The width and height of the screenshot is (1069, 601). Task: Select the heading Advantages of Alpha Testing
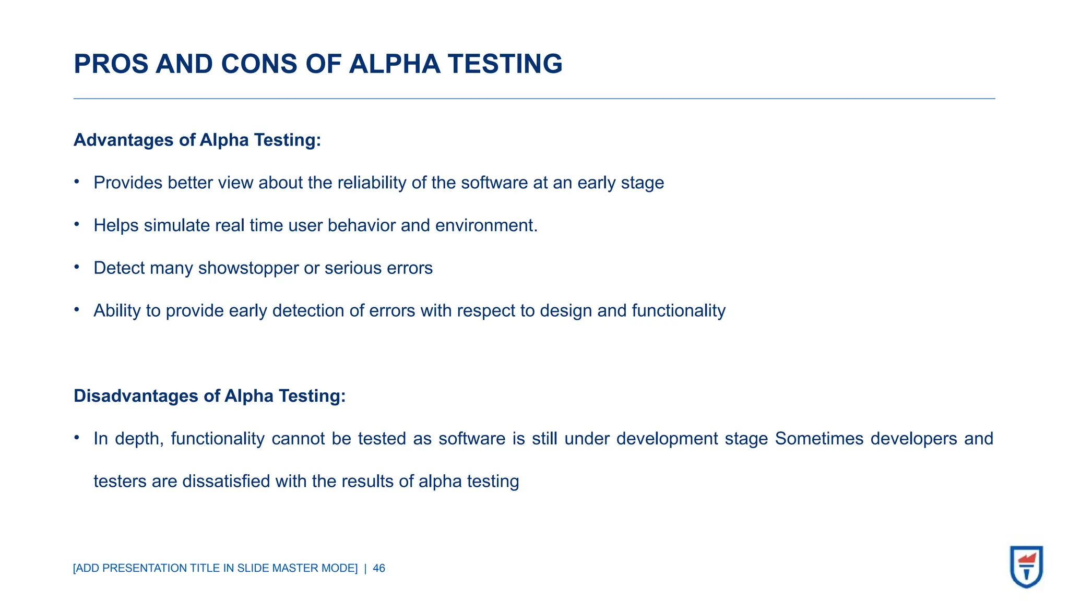click(197, 140)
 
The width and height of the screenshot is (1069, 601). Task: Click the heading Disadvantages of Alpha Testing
click(209, 396)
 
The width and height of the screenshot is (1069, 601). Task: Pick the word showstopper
click(248, 268)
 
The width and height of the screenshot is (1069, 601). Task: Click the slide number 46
click(379, 568)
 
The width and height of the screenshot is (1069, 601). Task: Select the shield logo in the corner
click(1026, 567)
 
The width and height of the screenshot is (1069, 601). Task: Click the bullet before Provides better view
click(77, 182)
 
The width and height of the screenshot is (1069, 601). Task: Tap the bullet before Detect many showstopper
click(77, 267)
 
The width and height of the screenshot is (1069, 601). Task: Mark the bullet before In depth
click(77, 438)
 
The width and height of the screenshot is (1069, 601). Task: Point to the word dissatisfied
click(227, 482)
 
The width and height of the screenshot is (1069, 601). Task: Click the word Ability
click(117, 311)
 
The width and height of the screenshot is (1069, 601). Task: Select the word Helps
click(116, 225)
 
